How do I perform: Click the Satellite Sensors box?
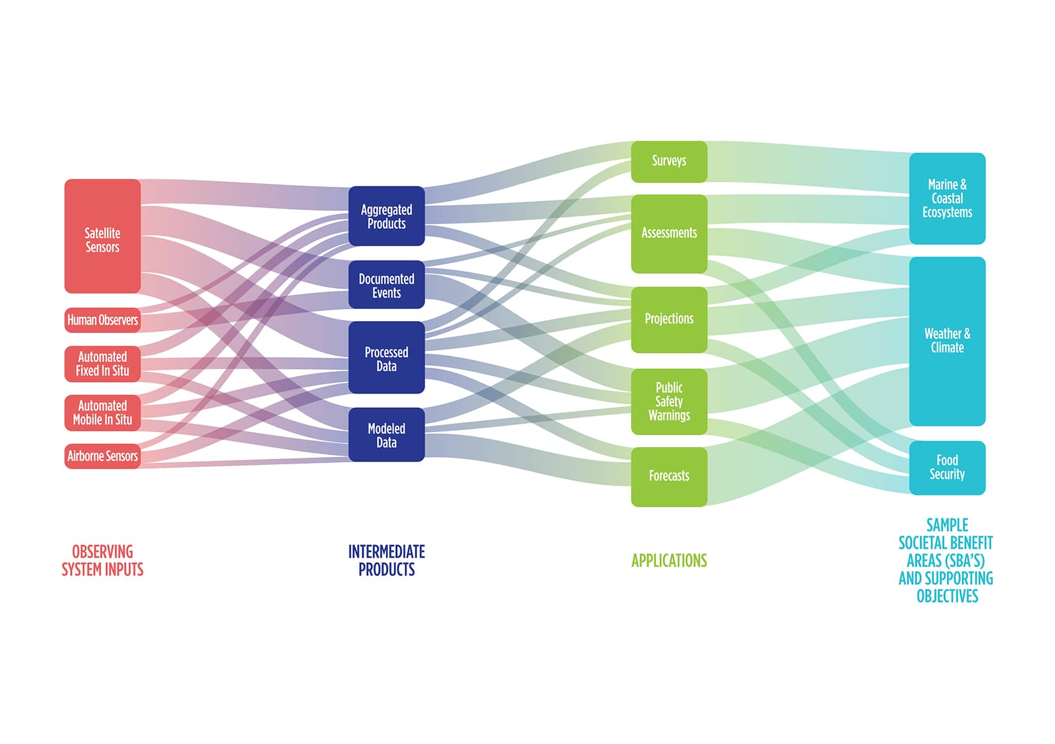pos(102,236)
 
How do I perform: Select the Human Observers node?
pos(102,320)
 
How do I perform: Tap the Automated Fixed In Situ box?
pos(102,364)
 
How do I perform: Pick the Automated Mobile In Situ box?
pos(102,413)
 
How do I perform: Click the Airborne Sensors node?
pos(102,456)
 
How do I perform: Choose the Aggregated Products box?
pos(387,216)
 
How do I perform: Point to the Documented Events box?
pos(387,285)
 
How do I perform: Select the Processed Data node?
pos(387,358)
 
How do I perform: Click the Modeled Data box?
pos(387,435)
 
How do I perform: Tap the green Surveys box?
pos(669,162)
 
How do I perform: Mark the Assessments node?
pos(669,234)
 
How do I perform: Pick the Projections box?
pos(669,320)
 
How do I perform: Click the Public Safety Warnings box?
pos(669,402)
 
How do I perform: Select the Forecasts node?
pos(669,477)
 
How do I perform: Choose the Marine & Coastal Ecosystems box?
pos(947,198)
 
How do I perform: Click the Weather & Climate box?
pos(947,341)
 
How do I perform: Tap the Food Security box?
pos(947,468)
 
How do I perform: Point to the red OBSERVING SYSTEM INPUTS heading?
pos(102,560)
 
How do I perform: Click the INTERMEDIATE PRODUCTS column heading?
pos(387,560)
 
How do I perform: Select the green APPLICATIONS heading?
pos(669,560)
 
